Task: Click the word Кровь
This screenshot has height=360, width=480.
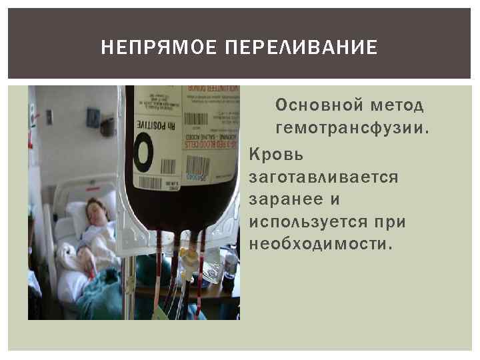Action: point(276,155)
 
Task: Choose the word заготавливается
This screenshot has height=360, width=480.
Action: point(323,178)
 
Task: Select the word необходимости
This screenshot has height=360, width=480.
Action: point(320,243)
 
